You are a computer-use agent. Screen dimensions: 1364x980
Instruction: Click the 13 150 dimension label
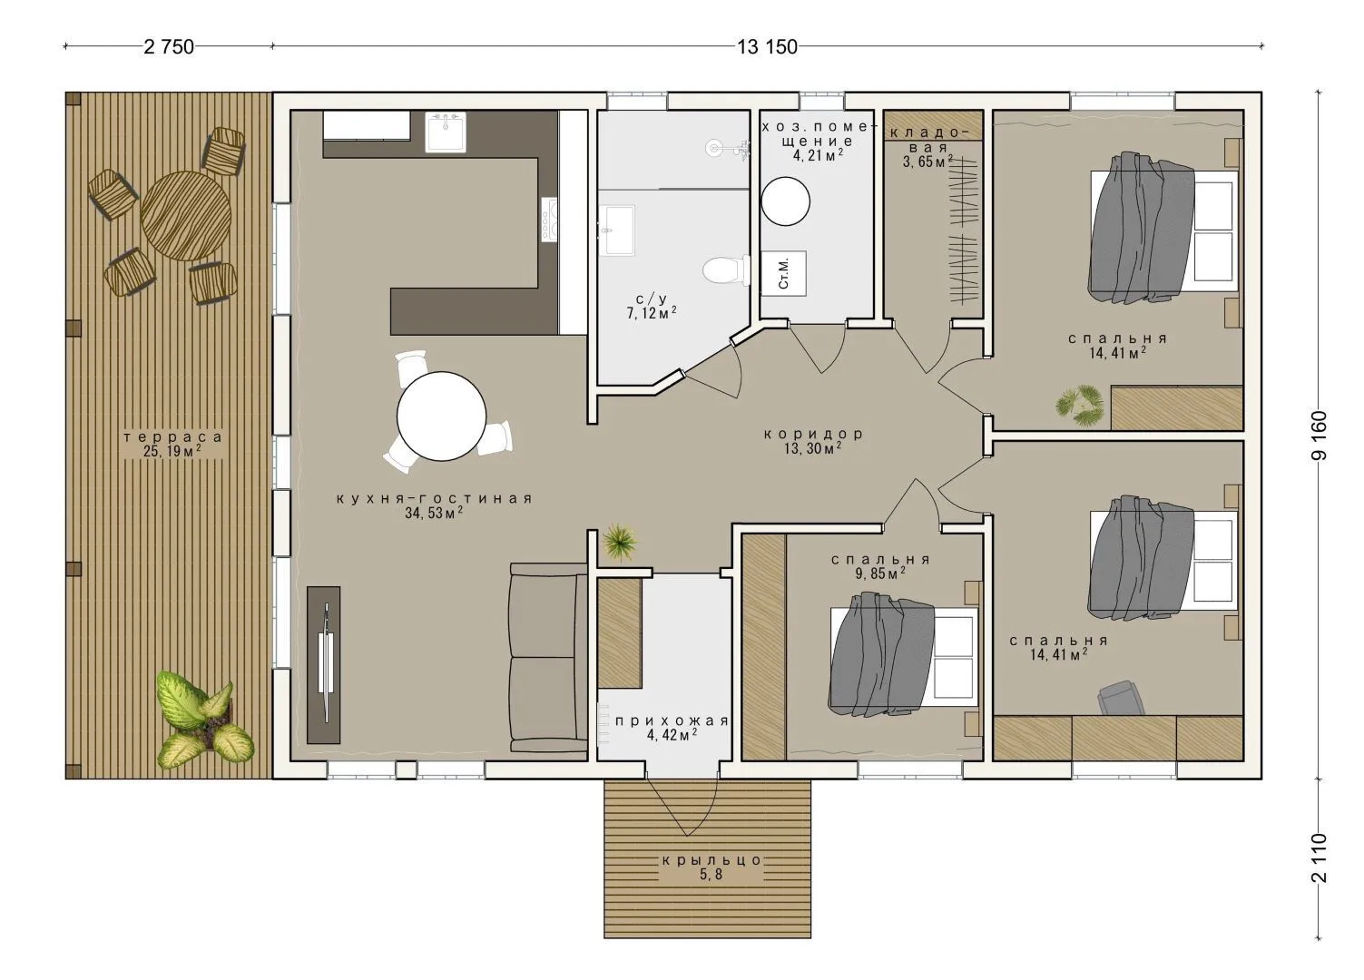click(x=767, y=47)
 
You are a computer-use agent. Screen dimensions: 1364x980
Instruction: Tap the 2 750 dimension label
click(x=169, y=47)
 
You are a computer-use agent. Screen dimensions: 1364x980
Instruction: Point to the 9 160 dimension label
click(x=1319, y=436)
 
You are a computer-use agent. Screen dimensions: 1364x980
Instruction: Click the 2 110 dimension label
click(x=1319, y=858)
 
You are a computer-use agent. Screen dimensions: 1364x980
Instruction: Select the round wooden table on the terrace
click(x=186, y=216)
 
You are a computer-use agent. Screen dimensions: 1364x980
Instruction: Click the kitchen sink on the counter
click(x=446, y=132)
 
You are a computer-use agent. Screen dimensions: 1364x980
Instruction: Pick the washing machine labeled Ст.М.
click(x=784, y=273)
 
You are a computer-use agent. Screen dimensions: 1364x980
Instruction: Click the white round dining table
click(x=441, y=416)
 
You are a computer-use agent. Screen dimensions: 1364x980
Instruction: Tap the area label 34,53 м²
click(x=434, y=513)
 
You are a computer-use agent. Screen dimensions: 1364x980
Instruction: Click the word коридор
click(x=813, y=434)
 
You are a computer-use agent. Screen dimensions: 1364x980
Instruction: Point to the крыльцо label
click(x=711, y=861)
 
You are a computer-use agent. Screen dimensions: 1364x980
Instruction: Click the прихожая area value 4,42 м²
click(x=672, y=735)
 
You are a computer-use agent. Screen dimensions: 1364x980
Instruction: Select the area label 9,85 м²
click(x=880, y=573)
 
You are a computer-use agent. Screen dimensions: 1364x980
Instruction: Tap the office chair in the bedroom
click(x=1121, y=698)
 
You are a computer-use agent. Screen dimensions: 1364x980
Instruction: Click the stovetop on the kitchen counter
click(x=551, y=220)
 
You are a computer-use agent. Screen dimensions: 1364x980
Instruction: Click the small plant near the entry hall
click(x=620, y=541)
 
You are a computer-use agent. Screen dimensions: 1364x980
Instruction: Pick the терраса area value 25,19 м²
click(x=172, y=452)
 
